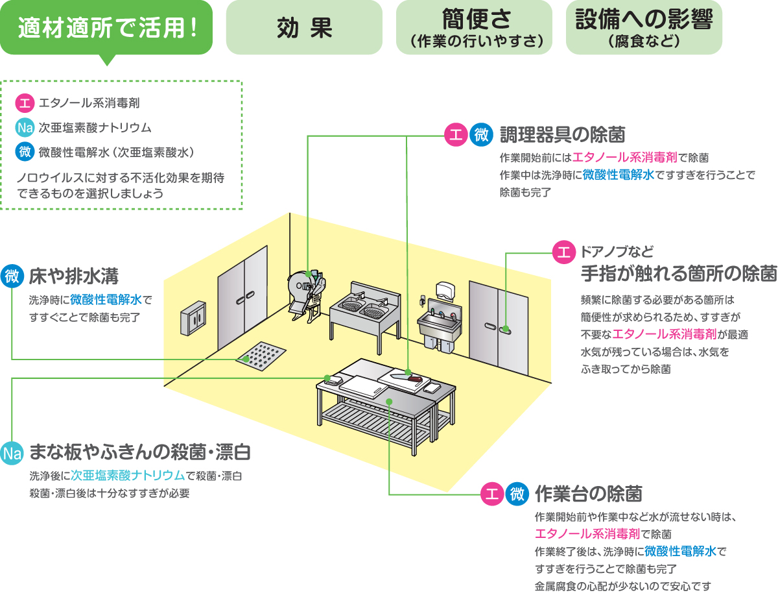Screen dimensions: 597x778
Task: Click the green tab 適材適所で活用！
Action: (106, 27)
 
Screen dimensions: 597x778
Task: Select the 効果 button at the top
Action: (304, 27)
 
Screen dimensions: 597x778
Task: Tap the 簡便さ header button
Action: (474, 27)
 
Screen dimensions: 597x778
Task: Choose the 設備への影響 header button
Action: (644, 27)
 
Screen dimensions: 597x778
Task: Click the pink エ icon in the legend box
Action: (24, 103)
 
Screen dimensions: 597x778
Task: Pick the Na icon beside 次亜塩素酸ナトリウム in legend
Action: (24, 127)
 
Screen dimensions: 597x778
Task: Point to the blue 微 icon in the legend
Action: (24, 152)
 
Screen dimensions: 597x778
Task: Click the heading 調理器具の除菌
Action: (562, 135)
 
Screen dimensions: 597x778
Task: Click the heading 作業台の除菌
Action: (589, 494)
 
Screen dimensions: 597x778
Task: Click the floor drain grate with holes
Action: (262, 356)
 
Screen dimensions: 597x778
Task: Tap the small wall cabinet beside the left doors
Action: (195, 318)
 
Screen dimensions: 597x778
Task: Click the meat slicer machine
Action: (304, 292)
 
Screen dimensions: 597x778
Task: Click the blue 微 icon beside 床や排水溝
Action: (12, 276)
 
